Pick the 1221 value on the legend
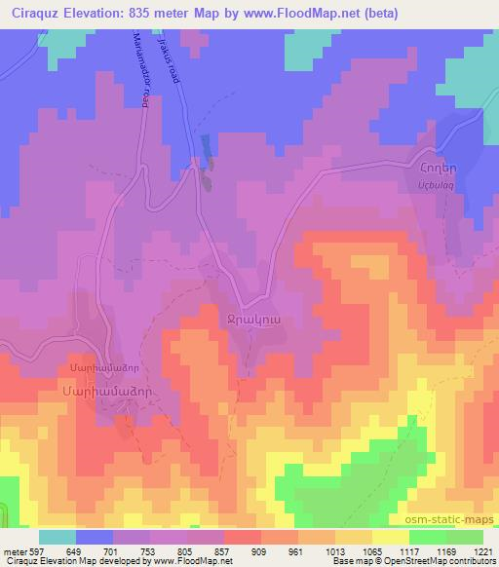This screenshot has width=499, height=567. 481,550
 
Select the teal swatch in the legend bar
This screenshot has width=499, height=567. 58,537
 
